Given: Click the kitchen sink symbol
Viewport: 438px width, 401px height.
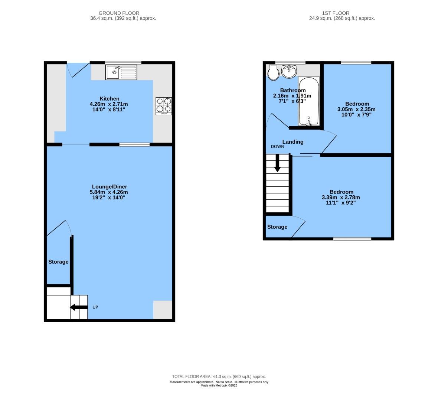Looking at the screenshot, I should point(121,72).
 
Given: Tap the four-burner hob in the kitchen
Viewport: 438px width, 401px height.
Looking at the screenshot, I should point(164,105).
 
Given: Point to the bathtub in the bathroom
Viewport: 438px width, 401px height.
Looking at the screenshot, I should point(309,101).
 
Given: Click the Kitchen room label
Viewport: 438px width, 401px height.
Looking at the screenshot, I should point(109,98).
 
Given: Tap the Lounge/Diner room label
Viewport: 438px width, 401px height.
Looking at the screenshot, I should point(109,186).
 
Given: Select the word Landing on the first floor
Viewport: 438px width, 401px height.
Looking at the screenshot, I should point(293,142).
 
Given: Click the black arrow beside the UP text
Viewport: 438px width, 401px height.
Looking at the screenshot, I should point(78,307).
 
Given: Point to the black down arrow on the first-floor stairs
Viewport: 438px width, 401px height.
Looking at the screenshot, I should point(277,164).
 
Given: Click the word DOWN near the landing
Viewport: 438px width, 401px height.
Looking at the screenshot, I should point(277,147).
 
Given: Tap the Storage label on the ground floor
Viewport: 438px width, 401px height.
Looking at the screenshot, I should point(58,262).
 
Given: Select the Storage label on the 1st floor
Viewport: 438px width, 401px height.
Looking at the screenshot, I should point(277,227).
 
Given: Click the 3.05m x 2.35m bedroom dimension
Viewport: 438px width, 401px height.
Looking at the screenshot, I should point(356,109).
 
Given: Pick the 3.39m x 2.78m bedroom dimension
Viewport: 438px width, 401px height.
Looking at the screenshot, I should point(341,197).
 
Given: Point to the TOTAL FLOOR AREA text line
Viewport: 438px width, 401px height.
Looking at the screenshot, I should point(219,376).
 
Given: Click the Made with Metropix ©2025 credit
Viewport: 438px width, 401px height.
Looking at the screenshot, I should point(219,385).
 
